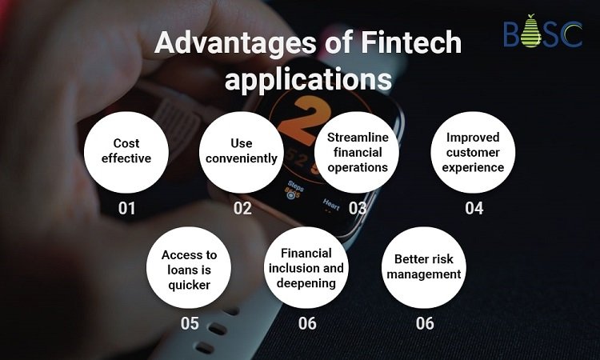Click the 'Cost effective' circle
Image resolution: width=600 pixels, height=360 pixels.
click(126, 152)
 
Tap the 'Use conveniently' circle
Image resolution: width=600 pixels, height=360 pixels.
click(242, 152)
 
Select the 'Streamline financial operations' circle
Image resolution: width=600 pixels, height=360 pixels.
click(357, 152)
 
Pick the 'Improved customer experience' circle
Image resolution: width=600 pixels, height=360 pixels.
click(473, 152)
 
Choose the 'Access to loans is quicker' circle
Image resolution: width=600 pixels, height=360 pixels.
click(189, 267)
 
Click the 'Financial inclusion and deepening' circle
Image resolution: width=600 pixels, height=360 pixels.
click(306, 267)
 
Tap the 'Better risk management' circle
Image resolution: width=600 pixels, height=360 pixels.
click(424, 267)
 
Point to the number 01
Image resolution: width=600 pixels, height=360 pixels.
click(126, 209)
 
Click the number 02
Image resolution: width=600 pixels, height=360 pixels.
click(242, 209)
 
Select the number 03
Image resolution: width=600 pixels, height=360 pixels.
click(358, 209)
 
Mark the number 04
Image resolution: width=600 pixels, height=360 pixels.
click(474, 209)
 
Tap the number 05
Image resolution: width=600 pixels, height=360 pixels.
click(190, 324)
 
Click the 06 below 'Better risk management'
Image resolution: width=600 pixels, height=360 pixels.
click(425, 324)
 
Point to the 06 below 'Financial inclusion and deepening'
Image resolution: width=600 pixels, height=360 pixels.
click(307, 324)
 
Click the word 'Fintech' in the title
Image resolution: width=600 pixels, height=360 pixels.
click(411, 42)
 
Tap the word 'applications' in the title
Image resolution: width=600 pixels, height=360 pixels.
click(308, 80)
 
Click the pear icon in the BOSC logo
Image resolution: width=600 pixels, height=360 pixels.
click(530, 31)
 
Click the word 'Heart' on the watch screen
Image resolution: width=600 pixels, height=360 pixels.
click(331, 205)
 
